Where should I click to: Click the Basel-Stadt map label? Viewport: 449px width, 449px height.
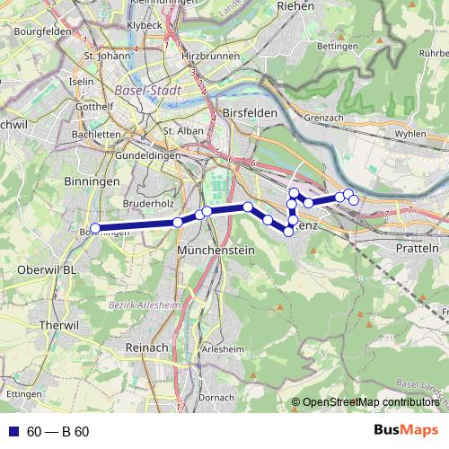[x=148, y=91]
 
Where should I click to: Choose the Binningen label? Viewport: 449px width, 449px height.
[x=93, y=180]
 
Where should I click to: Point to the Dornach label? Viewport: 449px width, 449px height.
[x=216, y=396]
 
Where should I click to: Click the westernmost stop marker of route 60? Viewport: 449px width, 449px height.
[x=95, y=228]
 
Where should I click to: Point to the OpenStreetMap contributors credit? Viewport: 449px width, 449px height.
[x=370, y=402]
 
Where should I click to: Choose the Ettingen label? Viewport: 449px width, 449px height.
[x=23, y=394]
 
